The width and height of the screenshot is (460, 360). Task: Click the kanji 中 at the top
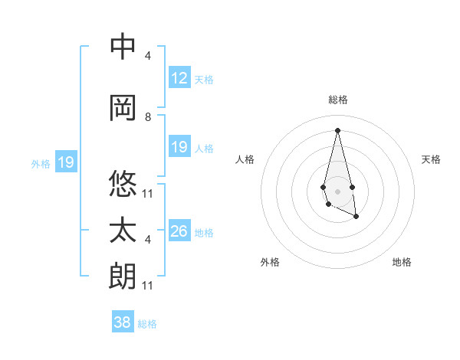123,47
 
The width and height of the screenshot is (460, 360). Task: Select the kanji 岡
123,108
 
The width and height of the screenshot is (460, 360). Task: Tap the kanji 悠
123,185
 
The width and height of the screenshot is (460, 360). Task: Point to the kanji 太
123,231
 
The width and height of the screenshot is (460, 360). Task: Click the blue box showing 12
179,78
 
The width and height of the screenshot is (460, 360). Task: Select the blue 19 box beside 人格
179,147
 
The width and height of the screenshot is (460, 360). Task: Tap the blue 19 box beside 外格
65,162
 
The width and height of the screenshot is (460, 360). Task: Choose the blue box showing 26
179,231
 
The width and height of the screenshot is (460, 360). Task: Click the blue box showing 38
123,322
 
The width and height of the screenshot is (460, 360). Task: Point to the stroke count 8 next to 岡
148,117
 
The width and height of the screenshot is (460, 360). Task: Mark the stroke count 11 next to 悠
148,194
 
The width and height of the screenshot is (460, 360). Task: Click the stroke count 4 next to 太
148,240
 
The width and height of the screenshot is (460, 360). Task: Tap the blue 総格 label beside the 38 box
147,324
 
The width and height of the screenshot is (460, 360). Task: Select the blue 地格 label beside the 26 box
204,233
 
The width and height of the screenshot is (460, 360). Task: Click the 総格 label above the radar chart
337,100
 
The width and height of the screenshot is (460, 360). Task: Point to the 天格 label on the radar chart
431,159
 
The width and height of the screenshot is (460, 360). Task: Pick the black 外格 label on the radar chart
270,262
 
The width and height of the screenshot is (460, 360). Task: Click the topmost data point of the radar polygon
337,130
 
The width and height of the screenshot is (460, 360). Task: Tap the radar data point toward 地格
356,217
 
